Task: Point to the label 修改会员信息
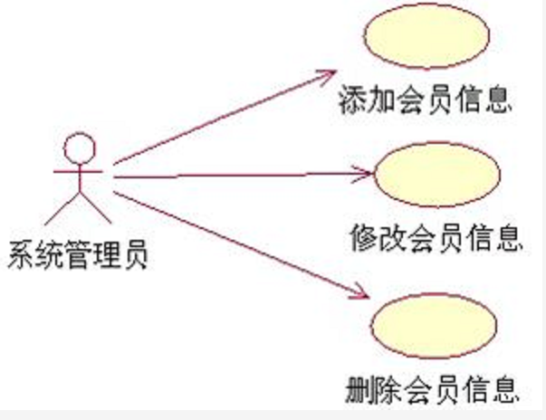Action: point(436,238)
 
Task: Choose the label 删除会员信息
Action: point(432,390)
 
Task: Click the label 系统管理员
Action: point(76,254)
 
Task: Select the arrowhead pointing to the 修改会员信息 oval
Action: point(365,173)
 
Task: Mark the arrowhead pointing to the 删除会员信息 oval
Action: point(362,292)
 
